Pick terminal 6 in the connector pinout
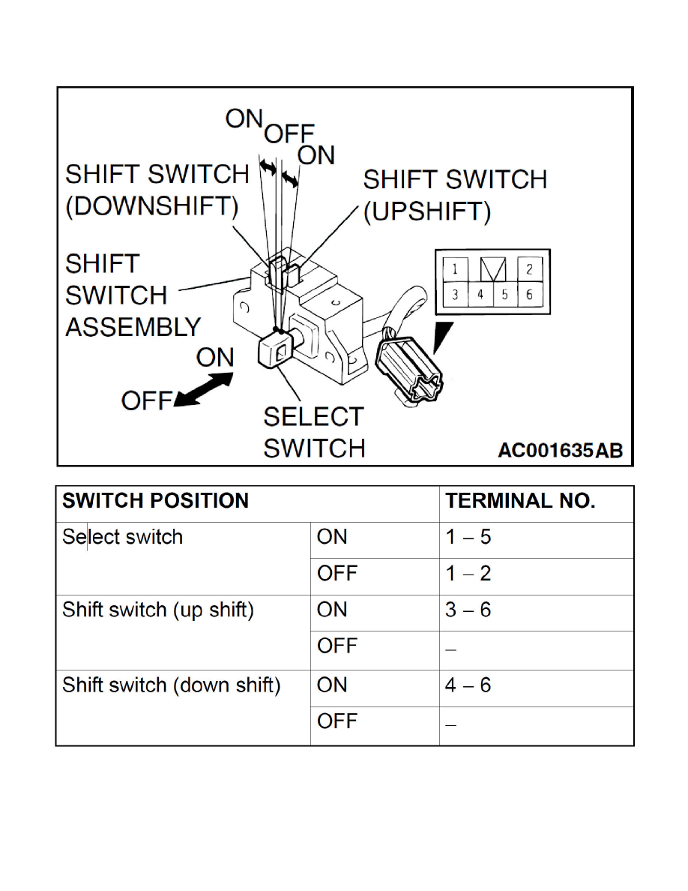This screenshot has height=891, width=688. tap(529, 294)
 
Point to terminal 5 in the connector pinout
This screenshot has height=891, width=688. tap(505, 294)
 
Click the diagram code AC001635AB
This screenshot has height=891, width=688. tap(560, 450)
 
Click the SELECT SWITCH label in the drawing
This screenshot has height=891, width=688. tap(314, 432)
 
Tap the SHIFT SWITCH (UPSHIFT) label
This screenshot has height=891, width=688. tap(455, 195)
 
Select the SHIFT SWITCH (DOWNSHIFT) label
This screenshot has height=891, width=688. tap(157, 190)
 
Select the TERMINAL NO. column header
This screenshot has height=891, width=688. tap(520, 502)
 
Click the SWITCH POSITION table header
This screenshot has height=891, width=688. tap(155, 502)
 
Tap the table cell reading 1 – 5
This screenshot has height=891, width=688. tap(468, 538)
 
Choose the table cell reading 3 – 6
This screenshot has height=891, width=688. tap(468, 610)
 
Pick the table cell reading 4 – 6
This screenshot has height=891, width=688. tap(468, 685)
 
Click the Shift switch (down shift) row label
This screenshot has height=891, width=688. tap(171, 685)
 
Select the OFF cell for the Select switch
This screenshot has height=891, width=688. tap(337, 574)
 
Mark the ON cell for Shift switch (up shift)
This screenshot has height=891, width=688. tap(333, 610)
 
